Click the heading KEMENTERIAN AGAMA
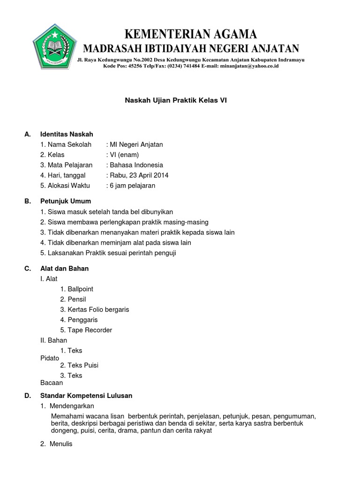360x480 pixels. pos(191,34)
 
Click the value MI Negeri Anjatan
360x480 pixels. pos(136,144)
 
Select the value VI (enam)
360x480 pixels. pos(124,155)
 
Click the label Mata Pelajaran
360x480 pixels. pos(67,165)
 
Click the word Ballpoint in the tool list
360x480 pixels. pos(80,289)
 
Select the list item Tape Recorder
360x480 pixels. pos(90,330)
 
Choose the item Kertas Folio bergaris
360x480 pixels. pos(98,309)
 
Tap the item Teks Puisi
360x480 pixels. pos(83,365)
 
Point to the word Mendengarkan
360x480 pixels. pos(74,406)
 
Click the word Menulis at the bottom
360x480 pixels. pos(62,444)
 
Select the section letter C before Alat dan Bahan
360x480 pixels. pos(28,269)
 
